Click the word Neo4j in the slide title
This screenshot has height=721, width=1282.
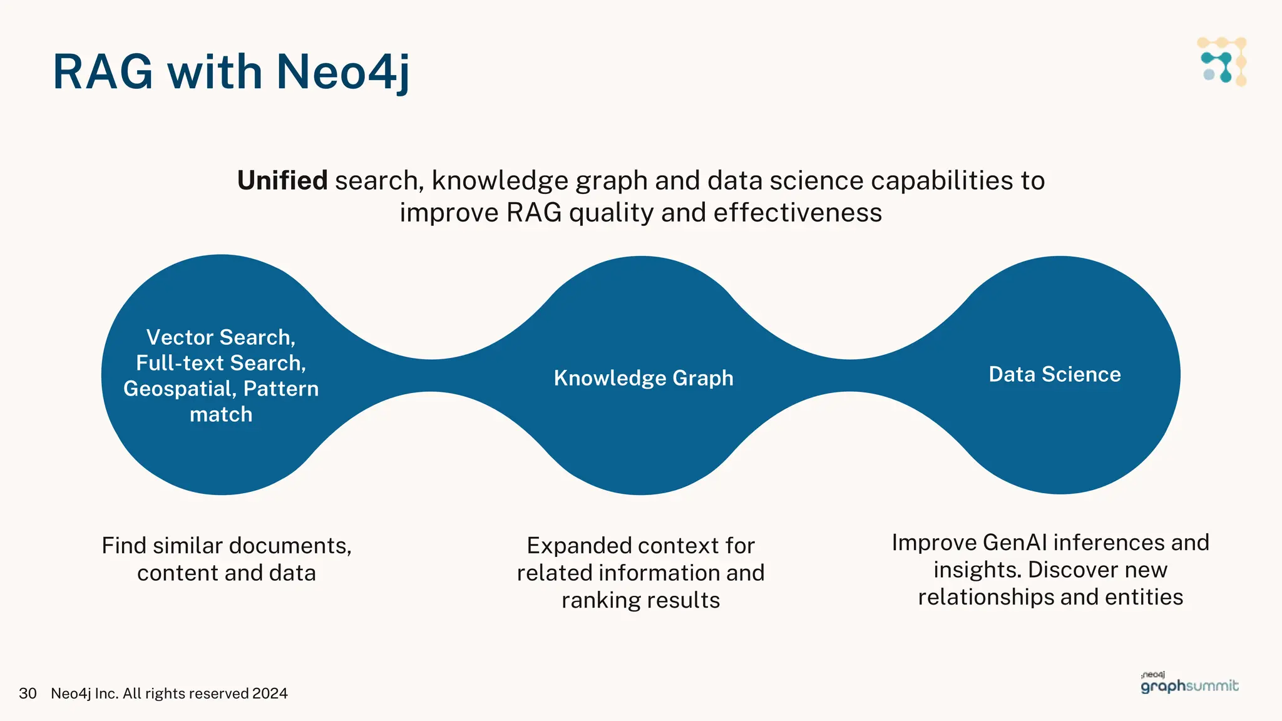pyautogui.click(x=343, y=72)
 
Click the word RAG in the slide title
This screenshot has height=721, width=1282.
pyautogui.click(x=103, y=72)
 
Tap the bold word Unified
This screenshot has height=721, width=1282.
pyautogui.click(x=282, y=181)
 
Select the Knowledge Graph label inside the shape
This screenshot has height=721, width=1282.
pyautogui.click(x=644, y=378)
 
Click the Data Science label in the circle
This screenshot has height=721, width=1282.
pyautogui.click(x=1055, y=374)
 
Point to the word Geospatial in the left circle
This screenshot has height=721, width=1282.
pyautogui.click(x=179, y=389)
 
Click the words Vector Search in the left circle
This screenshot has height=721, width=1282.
pyautogui.click(x=220, y=337)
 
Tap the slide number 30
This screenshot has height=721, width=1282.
pyautogui.click(x=28, y=693)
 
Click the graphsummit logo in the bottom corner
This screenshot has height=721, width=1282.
pyautogui.click(x=1189, y=684)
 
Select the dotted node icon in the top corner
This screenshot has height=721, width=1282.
pyautogui.click(x=1222, y=61)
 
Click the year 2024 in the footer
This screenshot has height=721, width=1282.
pyautogui.click(x=270, y=693)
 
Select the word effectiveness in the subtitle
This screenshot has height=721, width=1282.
pyautogui.click(x=797, y=213)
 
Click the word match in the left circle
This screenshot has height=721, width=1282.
pyautogui.click(x=221, y=414)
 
